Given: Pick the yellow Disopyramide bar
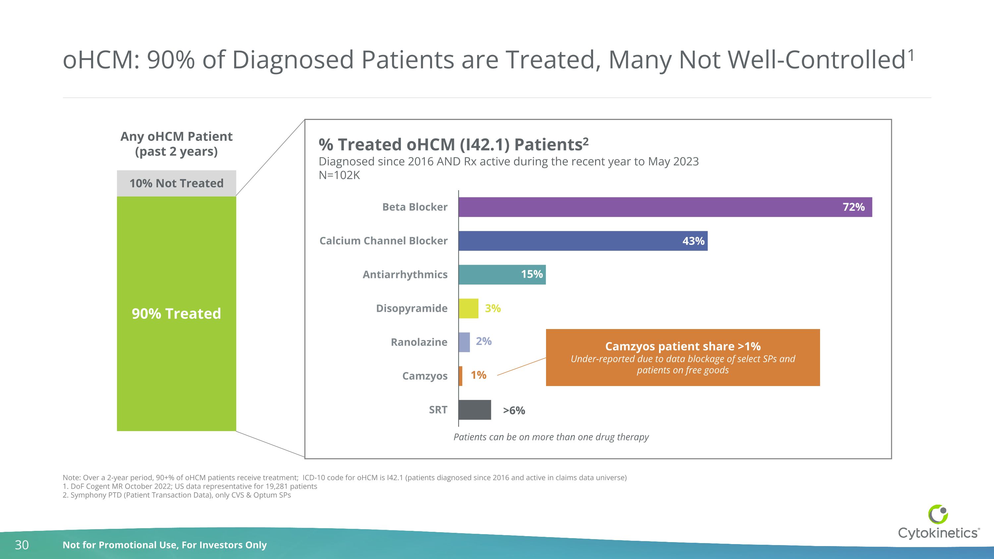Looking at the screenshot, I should click(x=469, y=308).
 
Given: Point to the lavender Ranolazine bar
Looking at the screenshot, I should click(x=464, y=342).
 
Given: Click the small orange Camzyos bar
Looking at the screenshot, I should click(x=460, y=376).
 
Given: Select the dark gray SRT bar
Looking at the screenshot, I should click(x=474, y=410).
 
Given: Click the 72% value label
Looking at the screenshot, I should click(x=853, y=207).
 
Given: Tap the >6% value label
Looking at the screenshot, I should click(x=514, y=411).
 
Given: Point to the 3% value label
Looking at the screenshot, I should click(x=493, y=308).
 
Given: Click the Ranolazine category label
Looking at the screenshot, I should click(x=419, y=342).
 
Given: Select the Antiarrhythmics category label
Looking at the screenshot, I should click(x=405, y=275).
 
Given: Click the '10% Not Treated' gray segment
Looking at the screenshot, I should click(x=176, y=183).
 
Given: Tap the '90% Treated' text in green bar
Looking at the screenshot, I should click(x=176, y=314).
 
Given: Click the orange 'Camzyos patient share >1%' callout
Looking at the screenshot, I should click(x=683, y=357).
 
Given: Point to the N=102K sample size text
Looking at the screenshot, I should click(x=339, y=175).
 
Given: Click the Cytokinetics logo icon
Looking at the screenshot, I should click(x=938, y=514).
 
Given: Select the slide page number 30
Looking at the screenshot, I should click(x=22, y=545).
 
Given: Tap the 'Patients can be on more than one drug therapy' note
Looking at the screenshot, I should click(x=551, y=437).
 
